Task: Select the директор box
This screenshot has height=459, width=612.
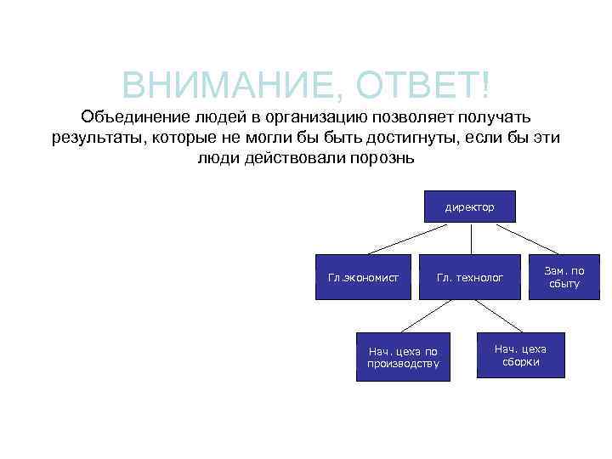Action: point(469,207)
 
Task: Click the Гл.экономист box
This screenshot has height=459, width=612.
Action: point(363,276)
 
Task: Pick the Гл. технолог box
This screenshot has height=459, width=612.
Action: point(469,276)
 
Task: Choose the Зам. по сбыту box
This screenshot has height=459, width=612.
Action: point(564,276)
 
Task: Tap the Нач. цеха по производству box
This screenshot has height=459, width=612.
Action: point(403,357)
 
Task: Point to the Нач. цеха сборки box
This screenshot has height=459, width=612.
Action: point(520,355)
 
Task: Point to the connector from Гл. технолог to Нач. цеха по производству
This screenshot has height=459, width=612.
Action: point(428,315)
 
